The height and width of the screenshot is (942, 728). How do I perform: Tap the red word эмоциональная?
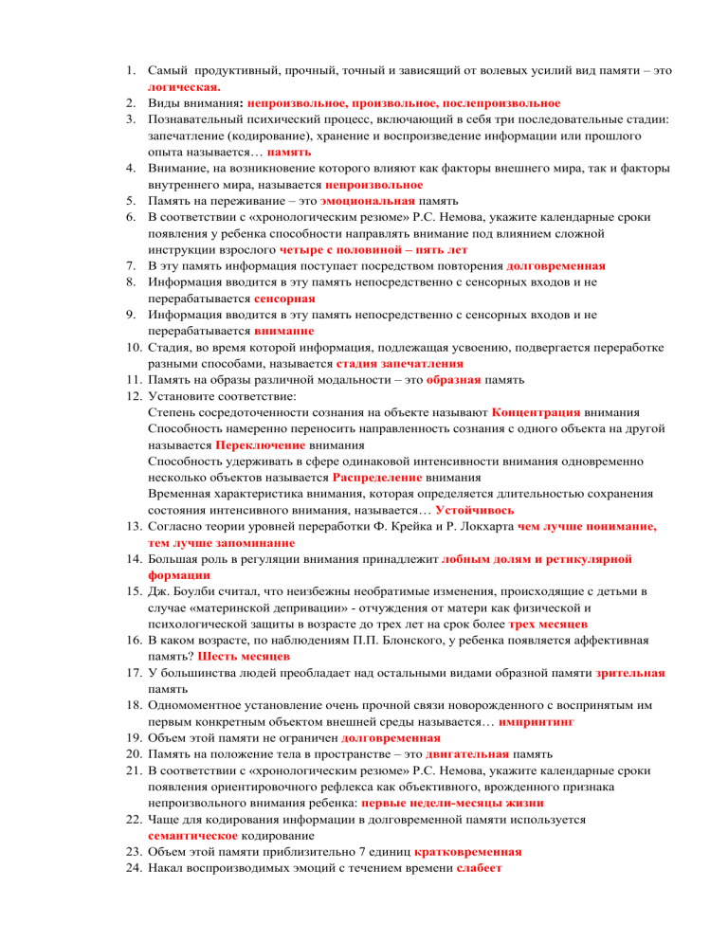[368, 201]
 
